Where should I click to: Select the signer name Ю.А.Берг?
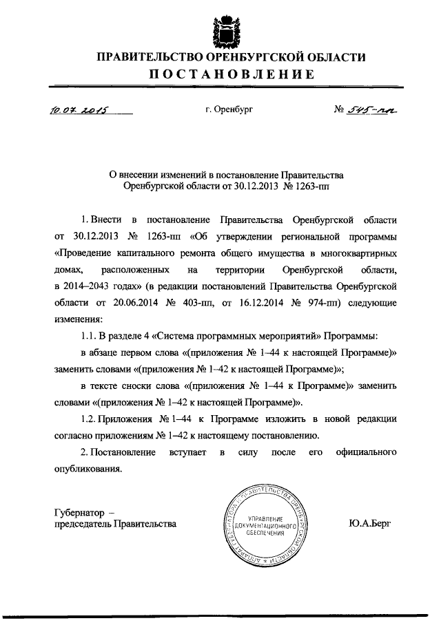pos(370,524)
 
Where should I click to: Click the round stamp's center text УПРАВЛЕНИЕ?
pos(265,518)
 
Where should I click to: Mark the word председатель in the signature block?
pos(81,524)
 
